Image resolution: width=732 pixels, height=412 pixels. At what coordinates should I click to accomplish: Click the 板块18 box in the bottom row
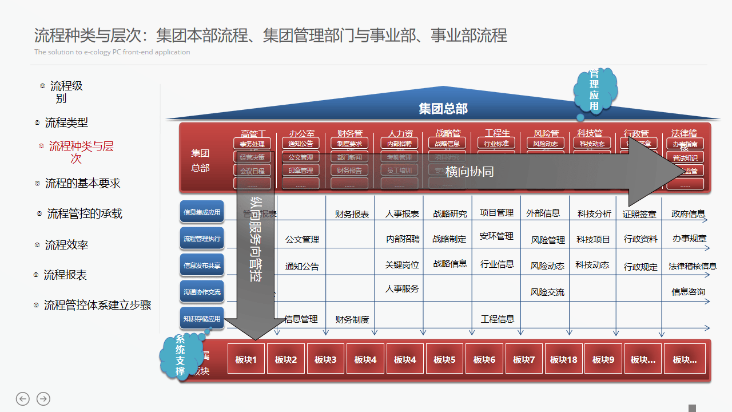coord(564,359)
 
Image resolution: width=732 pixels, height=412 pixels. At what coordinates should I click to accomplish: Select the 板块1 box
coord(246,359)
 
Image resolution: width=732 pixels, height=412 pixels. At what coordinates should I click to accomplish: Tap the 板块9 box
coord(603,359)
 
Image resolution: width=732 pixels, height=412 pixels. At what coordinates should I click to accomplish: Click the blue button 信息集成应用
coord(202,212)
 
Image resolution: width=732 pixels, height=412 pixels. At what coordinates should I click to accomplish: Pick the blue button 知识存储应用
coord(202,319)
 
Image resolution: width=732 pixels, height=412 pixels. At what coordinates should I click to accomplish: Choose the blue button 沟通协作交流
coord(202,292)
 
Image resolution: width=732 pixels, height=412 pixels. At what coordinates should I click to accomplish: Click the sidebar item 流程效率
coord(66,245)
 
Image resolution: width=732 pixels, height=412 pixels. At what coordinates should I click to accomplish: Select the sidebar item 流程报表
coord(65,275)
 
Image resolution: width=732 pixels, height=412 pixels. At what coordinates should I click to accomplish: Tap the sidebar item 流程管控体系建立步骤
coord(97,305)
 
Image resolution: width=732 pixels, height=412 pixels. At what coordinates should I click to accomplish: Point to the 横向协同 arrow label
coord(469,171)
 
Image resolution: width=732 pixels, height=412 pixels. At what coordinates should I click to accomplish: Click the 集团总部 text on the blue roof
coord(443,109)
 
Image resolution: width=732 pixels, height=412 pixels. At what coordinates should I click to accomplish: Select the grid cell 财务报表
coord(352,215)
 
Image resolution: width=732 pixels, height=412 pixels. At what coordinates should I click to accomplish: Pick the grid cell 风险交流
coord(547,292)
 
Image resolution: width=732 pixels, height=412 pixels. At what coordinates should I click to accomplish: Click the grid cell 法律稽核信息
coord(693,266)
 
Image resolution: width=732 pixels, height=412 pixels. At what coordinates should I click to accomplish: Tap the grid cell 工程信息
coord(498,319)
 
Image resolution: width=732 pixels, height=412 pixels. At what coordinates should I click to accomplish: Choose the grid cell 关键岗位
coord(402,265)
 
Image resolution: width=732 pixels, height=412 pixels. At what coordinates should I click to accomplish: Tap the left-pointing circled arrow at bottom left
coord(23,399)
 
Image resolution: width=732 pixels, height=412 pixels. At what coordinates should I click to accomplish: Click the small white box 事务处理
coord(252,144)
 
